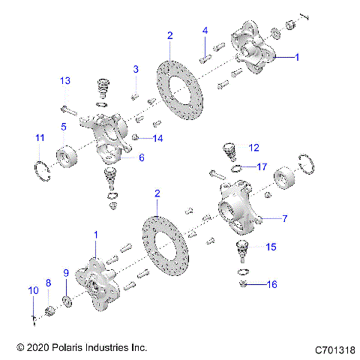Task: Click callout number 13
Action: click(x=65, y=80)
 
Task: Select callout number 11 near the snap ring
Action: click(x=39, y=137)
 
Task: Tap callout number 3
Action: click(x=136, y=70)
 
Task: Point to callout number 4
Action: click(x=205, y=31)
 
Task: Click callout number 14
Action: click(x=157, y=139)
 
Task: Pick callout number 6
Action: click(x=140, y=157)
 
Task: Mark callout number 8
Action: click(x=47, y=283)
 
